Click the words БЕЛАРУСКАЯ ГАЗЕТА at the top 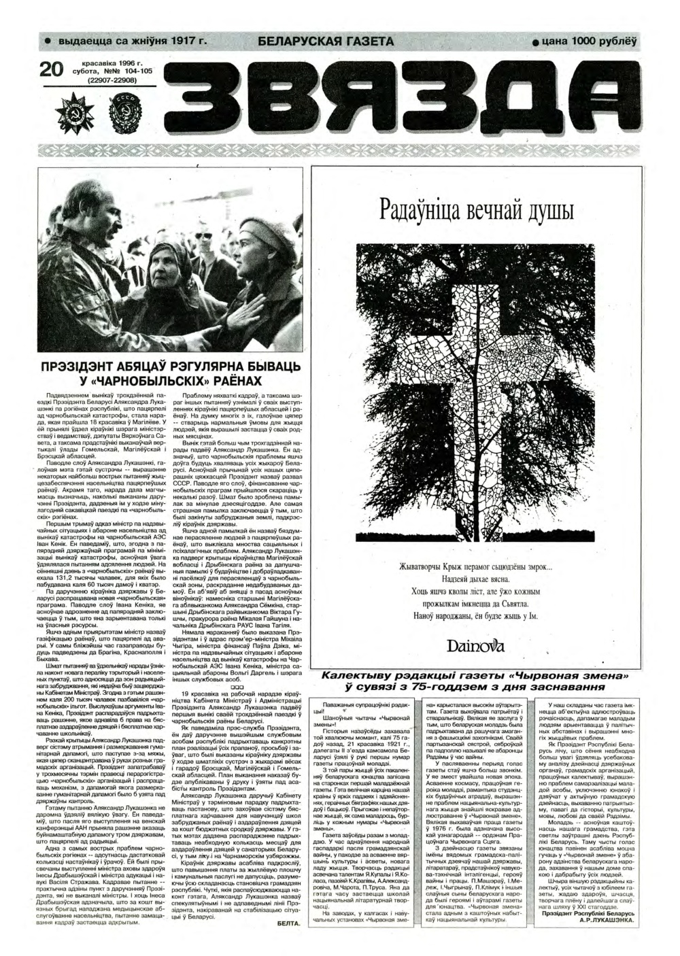326,41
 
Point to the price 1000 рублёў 605,41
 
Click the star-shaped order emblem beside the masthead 73,109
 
